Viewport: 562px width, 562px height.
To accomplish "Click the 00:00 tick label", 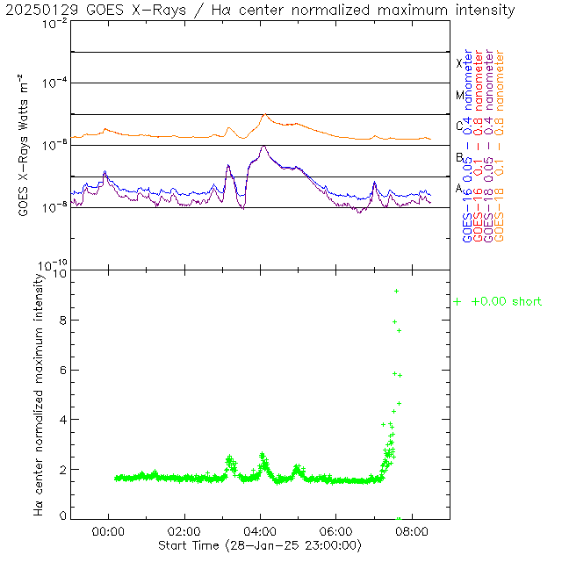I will coord(108,532).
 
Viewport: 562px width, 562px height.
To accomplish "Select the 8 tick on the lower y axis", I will coord(61,321).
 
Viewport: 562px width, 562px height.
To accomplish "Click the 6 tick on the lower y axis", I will coord(61,371).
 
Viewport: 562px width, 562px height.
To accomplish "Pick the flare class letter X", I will coord(458,63).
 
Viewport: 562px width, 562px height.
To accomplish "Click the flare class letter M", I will coord(458,95).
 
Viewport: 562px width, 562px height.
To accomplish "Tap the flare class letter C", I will coord(458,126).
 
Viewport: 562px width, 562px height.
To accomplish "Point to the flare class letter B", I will coord(458,157).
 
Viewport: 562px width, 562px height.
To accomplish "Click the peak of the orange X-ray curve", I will coord(265,114).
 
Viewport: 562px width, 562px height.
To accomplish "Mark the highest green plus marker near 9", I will coord(396,291).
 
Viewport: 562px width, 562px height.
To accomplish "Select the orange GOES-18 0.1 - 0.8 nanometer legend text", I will coord(500,145).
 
